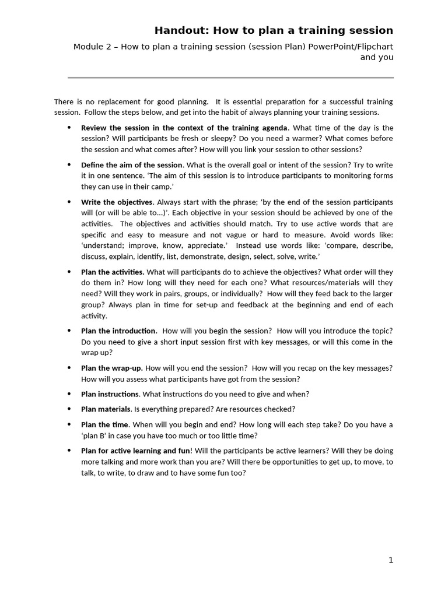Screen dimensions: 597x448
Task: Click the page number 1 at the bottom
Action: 391,560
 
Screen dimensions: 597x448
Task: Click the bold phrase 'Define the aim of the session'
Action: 132,165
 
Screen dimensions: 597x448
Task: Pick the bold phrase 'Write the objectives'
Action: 117,202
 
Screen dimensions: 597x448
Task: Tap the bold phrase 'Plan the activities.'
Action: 113,272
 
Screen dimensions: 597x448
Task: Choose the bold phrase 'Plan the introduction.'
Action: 119,331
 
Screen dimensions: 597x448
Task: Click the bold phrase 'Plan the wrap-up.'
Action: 112,368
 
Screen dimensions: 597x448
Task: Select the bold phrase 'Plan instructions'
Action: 110,394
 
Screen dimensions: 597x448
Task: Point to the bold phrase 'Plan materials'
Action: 106,409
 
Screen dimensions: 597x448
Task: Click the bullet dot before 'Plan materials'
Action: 69,409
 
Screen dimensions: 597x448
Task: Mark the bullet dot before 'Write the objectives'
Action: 69,202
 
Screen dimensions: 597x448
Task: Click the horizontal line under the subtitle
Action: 230,78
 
